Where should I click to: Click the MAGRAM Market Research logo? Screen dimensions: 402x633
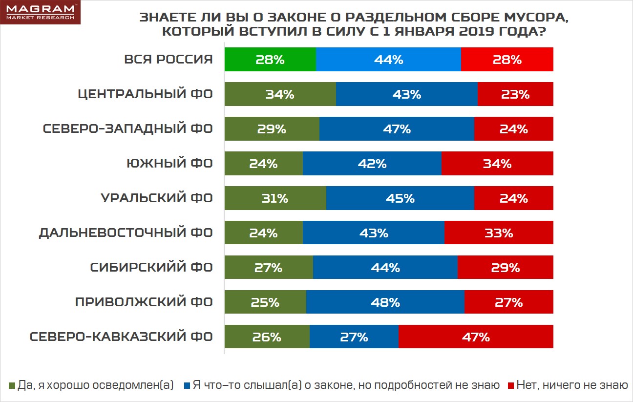click(40, 12)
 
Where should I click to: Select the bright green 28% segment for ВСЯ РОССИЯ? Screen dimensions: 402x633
click(270, 60)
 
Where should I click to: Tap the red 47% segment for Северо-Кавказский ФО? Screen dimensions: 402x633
click(476, 337)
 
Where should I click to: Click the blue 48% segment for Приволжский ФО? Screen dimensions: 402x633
click(385, 302)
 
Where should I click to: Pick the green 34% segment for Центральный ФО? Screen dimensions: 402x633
click(280, 94)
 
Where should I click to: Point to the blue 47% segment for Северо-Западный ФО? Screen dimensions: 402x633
click(396, 129)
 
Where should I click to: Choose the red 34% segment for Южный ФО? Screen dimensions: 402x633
click(497, 164)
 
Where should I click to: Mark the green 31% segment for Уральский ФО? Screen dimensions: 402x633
click(275, 198)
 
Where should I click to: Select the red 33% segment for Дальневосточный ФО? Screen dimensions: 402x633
click(499, 233)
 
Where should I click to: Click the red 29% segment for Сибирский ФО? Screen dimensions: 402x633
click(505, 268)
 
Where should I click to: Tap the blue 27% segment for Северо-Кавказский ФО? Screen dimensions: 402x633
click(354, 337)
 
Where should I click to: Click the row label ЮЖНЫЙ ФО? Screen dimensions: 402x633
click(169, 164)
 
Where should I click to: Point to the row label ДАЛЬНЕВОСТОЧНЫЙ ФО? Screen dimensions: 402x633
click(126, 233)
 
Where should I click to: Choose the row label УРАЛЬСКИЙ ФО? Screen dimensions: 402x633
click(157, 198)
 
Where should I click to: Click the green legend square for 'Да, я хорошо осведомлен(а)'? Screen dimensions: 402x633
click(12, 385)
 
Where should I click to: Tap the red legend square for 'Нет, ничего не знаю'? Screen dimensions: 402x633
click(512, 385)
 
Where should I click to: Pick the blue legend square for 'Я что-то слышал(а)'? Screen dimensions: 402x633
click(187, 385)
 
